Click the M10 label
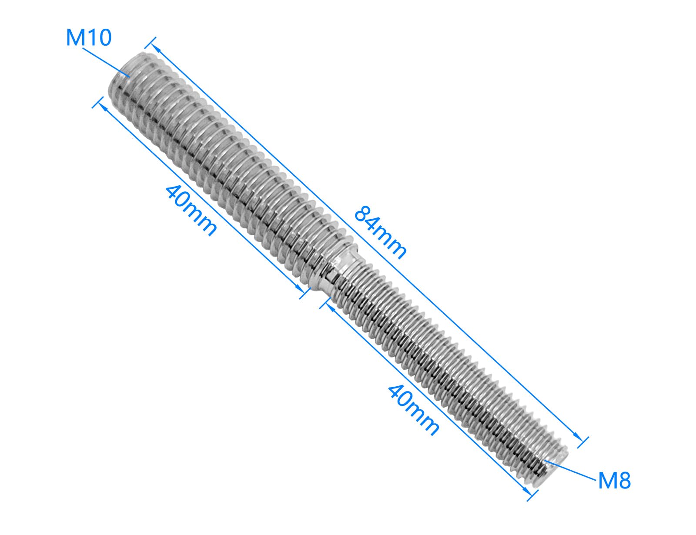tap(88, 37)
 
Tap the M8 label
tap(614, 481)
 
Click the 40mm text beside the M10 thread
tap(191, 211)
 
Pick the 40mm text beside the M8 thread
tap(413, 411)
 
